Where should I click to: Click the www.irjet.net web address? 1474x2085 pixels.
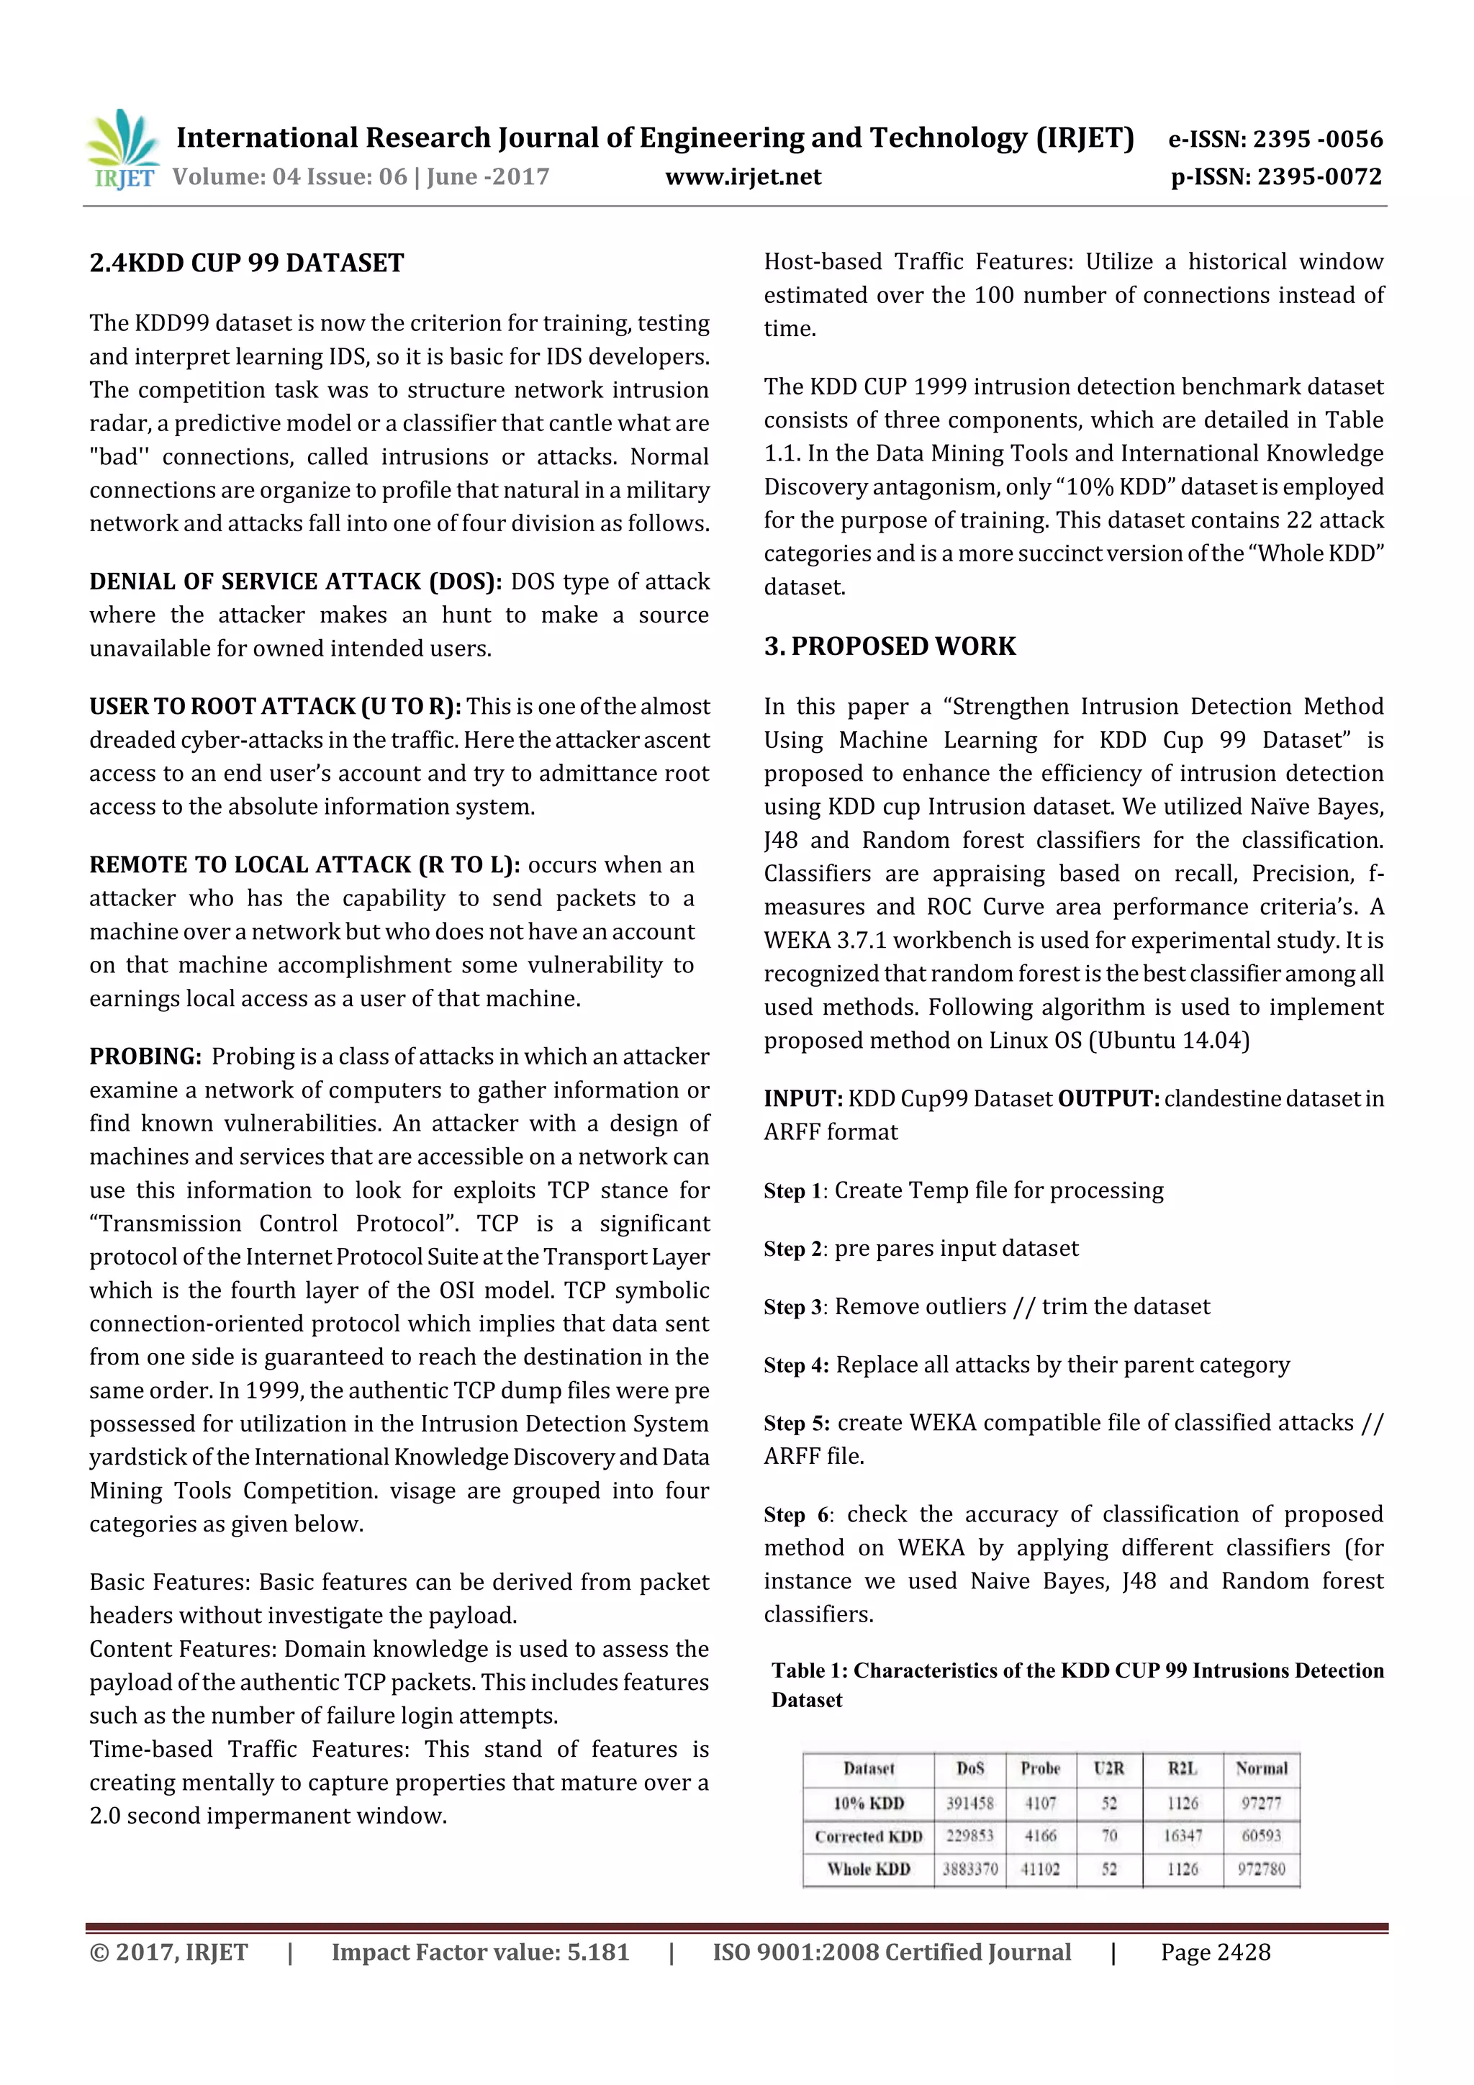742,176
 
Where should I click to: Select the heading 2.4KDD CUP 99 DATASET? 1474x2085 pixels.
246,263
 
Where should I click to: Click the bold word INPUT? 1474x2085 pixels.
802,1099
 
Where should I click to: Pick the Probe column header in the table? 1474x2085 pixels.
1040,1768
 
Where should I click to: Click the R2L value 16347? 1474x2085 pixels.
1182,1836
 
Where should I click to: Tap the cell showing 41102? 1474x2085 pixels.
1040,1869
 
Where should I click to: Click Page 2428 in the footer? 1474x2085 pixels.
1214,1953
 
